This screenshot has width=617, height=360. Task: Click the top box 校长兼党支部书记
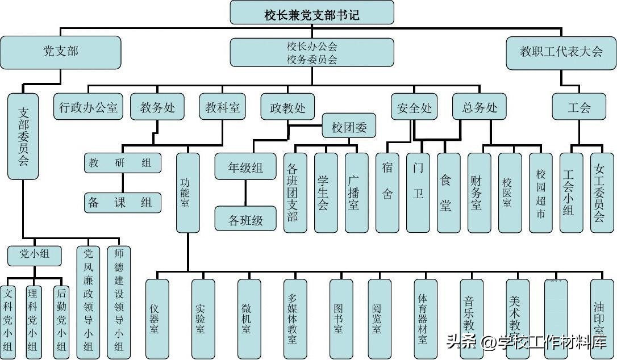[311, 12]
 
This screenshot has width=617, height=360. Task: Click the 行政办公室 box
[89, 107]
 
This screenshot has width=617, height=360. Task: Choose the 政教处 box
[287, 107]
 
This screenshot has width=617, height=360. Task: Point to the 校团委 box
[349, 126]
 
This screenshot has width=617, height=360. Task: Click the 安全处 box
[414, 107]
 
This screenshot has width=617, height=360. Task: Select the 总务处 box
[480, 107]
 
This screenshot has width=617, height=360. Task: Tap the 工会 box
[578, 107]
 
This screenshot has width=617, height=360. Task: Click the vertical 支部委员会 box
[23, 136]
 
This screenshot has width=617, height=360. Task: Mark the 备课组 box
[122, 202]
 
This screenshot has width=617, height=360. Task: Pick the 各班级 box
[245, 219]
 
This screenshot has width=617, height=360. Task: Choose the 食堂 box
[448, 193]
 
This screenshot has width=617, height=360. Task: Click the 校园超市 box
[540, 193]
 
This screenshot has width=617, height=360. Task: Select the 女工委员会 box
[602, 193]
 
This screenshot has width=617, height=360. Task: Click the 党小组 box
[34, 255]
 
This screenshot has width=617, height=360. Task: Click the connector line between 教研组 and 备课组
[122, 183]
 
